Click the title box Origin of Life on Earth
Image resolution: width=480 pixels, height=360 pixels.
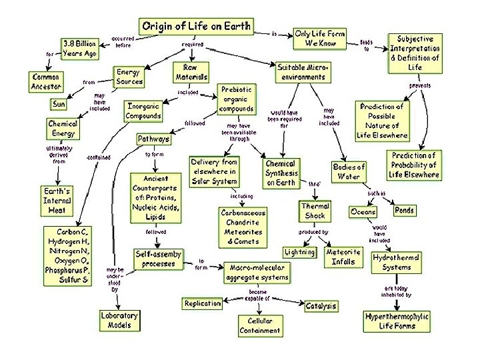pyautogui.click(x=195, y=27)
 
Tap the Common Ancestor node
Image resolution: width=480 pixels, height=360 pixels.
pyautogui.click(x=46, y=82)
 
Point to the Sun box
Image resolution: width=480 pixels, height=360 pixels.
pyautogui.click(x=59, y=105)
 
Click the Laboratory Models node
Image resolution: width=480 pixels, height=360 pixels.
pyautogui.click(x=119, y=320)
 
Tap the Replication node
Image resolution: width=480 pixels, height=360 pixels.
pyautogui.click(x=203, y=303)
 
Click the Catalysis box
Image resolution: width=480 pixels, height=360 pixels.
pyautogui.click(x=321, y=306)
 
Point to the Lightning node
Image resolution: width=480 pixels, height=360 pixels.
pyautogui.click(x=299, y=253)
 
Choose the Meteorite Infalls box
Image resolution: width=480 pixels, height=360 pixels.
pyautogui.click(x=343, y=257)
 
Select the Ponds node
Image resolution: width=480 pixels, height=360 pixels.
pyautogui.click(x=404, y=210)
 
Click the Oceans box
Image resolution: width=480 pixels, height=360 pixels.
pyautogui.click(x=363, y=212)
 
